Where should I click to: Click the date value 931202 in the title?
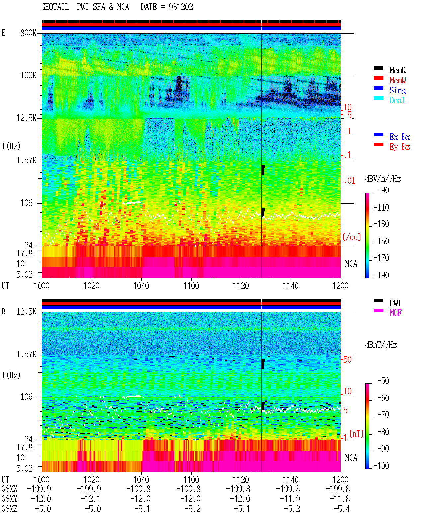tap(181, 7)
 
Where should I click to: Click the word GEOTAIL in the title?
tap(55, 7)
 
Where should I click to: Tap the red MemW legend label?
tap(398, 80)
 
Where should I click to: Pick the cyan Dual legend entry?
tap(397, 100)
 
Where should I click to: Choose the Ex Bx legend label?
tap(400, 137)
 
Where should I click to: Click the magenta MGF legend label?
tap(395, 313)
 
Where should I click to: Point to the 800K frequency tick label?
tap(28, 33)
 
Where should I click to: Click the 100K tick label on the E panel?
tap(28, 75)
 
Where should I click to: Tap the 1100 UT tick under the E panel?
tap(191, 286)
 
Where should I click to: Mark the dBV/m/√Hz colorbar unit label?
tap(383, 179)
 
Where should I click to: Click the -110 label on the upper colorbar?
tap(381, 208)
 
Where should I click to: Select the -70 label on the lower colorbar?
tap(383, 414)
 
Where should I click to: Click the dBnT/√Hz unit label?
tap(381, 345)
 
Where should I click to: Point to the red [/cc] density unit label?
tap(352, 237)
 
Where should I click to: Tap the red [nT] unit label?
tap(356, 434)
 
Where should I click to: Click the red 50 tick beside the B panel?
tap(347, 359)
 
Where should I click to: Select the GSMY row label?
tap(9, 499)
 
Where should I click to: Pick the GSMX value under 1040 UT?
tap(138, 489)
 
